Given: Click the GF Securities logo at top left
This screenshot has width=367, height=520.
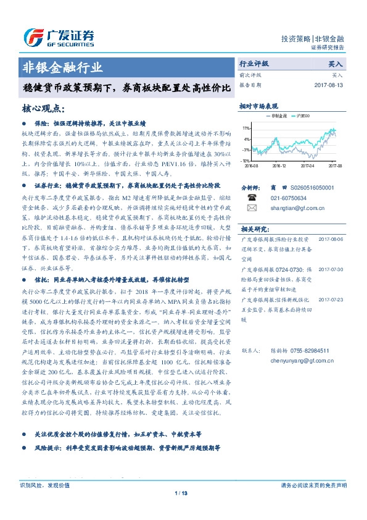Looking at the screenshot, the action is click(58, 36).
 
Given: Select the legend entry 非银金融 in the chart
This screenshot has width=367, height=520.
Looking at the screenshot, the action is click(277, 115).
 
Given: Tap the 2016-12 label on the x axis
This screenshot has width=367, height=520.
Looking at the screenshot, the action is click(279, 166).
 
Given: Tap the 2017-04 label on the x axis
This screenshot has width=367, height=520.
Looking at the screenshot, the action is click(307, 166).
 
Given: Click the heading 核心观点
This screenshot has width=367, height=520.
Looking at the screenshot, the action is click(43, 109).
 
